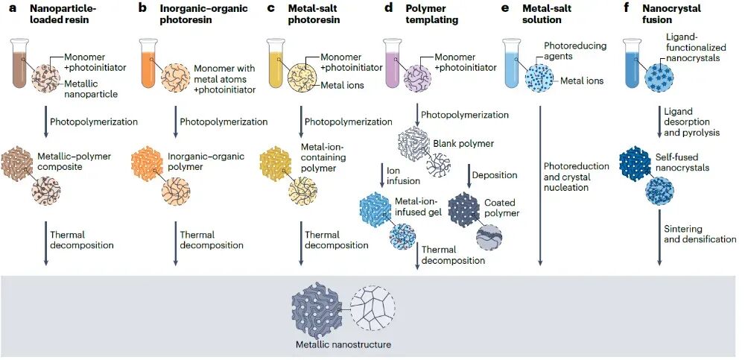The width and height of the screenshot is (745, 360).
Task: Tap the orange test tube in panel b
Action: click(x=148, y=63)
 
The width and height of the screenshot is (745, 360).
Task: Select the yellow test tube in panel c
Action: click(x=276, y=63)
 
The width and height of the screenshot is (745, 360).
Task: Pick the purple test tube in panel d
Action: click(x=393, y=63)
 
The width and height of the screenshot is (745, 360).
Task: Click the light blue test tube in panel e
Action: click(x=511, y=63)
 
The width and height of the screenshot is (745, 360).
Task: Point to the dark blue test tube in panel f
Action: click(x=633, y=63)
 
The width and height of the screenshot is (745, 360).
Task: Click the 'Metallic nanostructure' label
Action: click(x=343, y=344)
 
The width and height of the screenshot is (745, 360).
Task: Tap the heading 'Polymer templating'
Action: click(x=431, y=14)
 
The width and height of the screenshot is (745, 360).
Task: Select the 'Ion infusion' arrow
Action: click(x=381, y=175)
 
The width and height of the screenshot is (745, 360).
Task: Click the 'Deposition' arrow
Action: click(x=468, y=175)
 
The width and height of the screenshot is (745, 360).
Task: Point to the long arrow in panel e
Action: click(x=540, y=186)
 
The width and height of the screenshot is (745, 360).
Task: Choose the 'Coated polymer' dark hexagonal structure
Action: click(x=463, y=208)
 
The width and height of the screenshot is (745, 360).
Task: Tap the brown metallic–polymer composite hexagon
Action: click(x=17, y=163)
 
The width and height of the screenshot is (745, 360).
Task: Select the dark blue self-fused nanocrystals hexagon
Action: click(x=635, y=164)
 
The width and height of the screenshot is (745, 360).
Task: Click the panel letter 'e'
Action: click(x=504, y=8)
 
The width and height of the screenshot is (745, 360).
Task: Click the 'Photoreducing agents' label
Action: click(x=575, y=51)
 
